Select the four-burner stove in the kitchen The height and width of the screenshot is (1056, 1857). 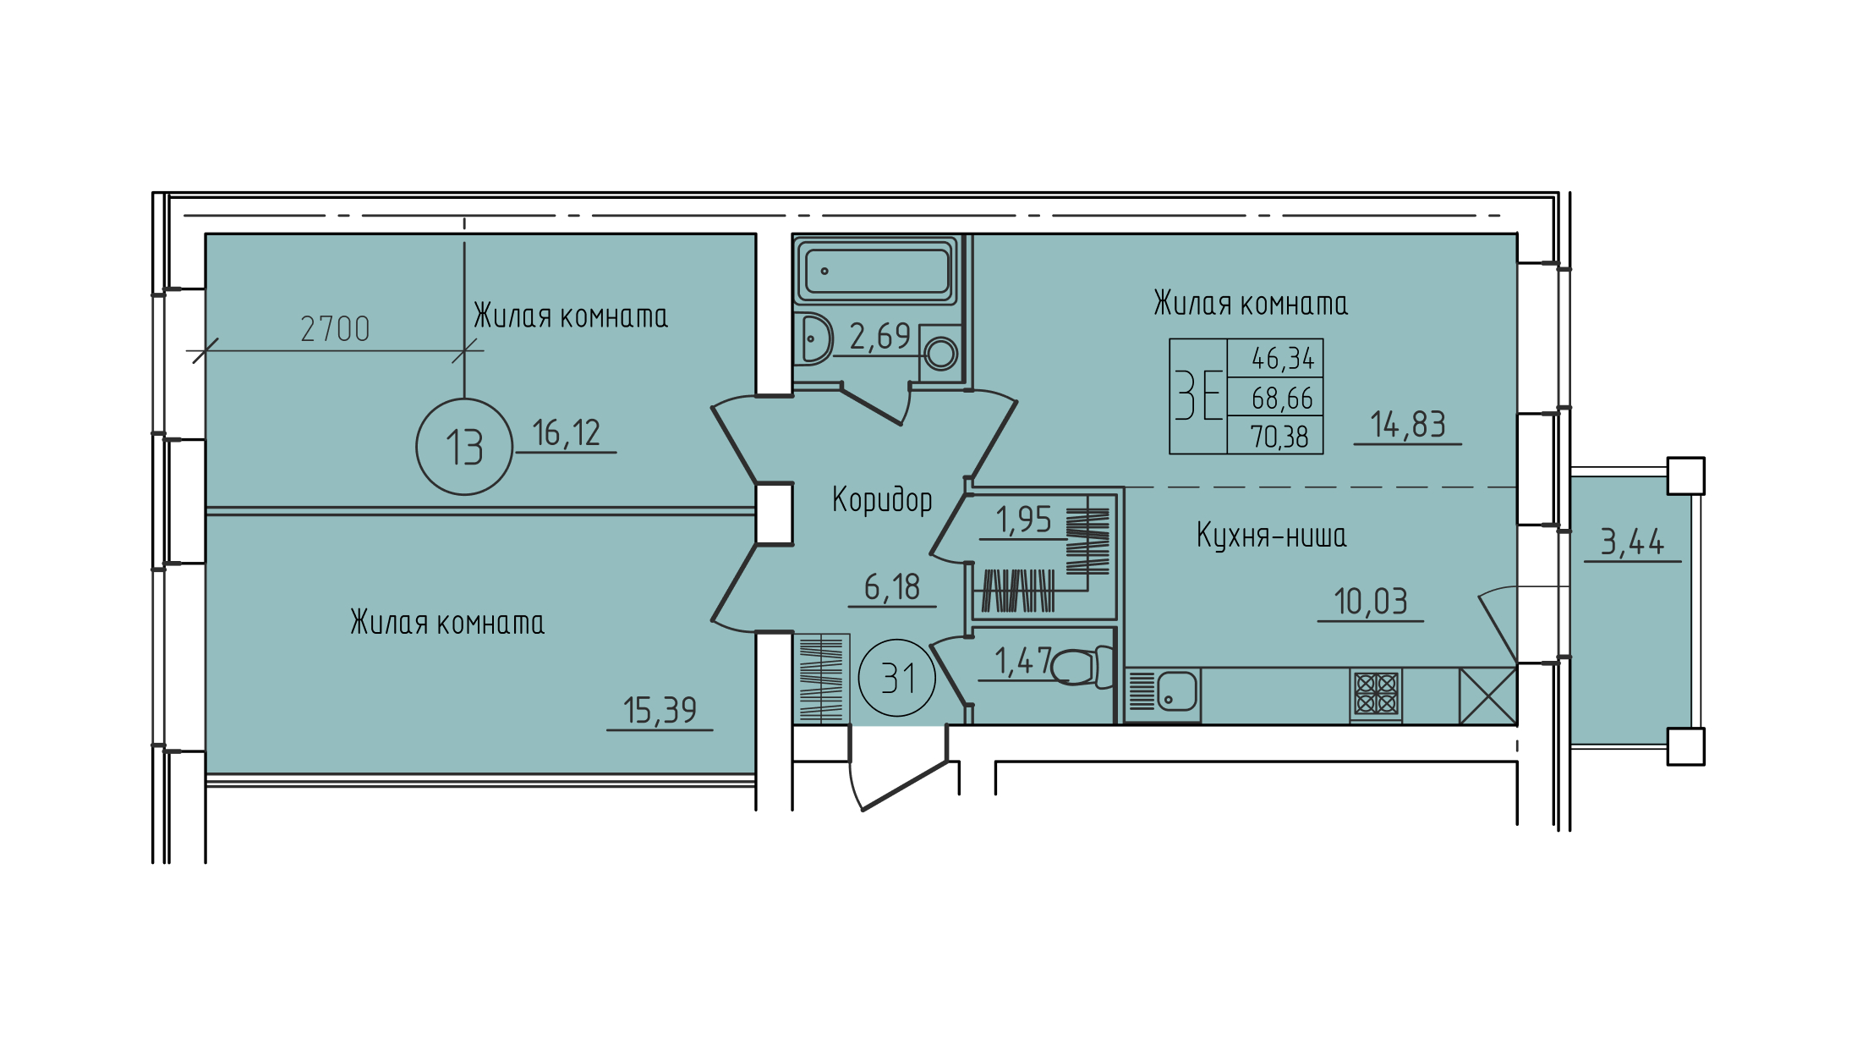click(x=1376, y=694)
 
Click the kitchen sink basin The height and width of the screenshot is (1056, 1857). click(x=1176, y=691)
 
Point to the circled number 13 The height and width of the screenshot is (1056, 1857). click(x=464, y=447)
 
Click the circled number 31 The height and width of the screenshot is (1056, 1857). click(x=897, y=678)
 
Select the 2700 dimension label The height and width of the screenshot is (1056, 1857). click(x=336, y=329)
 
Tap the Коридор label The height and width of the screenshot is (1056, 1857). click(x=882, y=499)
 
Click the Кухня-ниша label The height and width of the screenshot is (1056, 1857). click(x=1272, y=536)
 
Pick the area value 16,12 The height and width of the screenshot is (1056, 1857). click(x=567, y=433)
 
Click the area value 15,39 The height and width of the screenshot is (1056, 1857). click(x=660, y=711)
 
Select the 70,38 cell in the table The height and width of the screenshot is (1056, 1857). click(x=1279, y=437)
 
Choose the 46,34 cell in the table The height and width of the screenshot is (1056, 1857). click(x=1283, y=359)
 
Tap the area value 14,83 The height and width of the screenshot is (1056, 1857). click(x=1408, y=425)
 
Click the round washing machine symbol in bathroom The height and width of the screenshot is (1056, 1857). click(x=941, y=353)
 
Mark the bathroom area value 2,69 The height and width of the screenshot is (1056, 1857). click(x=880, y=337)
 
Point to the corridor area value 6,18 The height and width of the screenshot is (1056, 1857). click(x=892, y=587)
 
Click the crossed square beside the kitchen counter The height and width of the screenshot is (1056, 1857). click(x=1488, y=696)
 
